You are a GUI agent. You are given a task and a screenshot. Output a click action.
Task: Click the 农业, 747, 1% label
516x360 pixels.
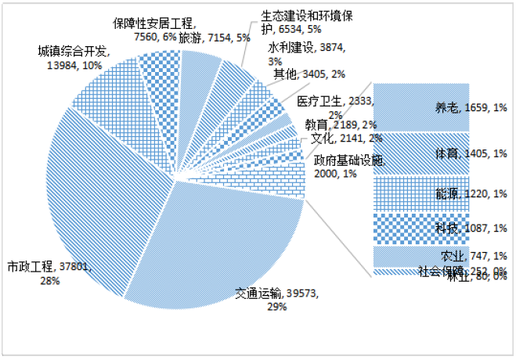(474, 255)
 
